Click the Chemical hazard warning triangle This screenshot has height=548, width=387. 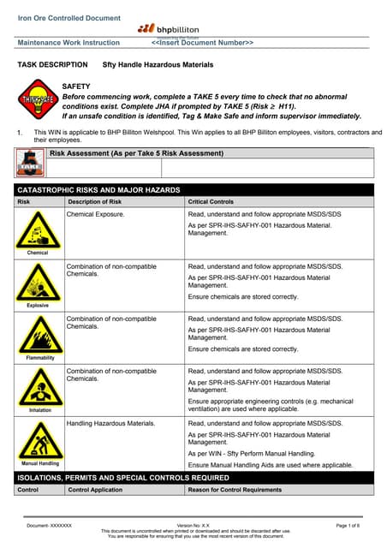pyautogui.click(x=38, y=229)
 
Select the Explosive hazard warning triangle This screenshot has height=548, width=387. pyautogui.click(x=38, y=282)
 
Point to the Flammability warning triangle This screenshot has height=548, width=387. pyautogui.click(x=38, y=335)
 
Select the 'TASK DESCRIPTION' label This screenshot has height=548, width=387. pyautogui.click(x=52, y=64)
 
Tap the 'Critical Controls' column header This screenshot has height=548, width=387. pyautogui.click(x=211, y=201)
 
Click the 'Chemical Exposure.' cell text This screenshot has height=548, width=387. pyautogui.click(x=96, y=214)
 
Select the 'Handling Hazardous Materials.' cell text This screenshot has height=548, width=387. pyautogui.click(x=111, y=424)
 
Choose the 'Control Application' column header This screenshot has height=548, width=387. pyautogui.click(x=96, y=490)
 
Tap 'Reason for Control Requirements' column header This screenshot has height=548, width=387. pyautogui.click(x=235, y=490)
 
